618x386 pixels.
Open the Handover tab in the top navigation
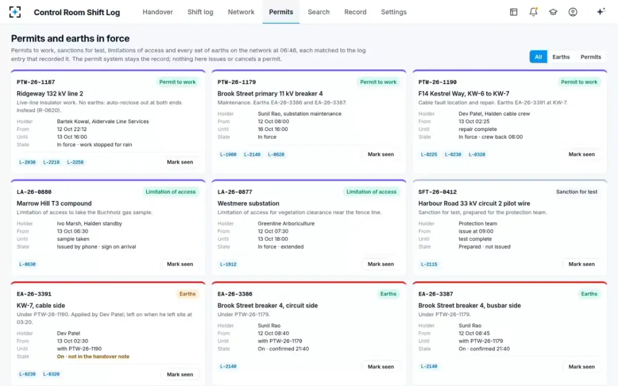pyautogui.click(x=158, y=12)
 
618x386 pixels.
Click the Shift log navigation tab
pyautogui.click(x=200, y=12)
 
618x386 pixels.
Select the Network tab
pyautogui.click(x=241, y=12)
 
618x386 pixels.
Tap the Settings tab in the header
pyautogui.click(x=393, y=12)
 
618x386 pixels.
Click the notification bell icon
pyautogui.click(x=534, y=12)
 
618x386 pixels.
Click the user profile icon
pyautogui.click(x=573, y=12)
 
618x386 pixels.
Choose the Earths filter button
pyautogui.click(x=561, y=57)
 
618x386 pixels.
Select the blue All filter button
pyautogui.click(x=538, y=57)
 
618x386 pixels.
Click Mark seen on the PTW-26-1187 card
pyautogui.click(x=180, y=162)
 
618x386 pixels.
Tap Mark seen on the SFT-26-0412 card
pyautogui.click(x=581, y=264)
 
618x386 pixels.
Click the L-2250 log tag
pyautogui.click(x=75, y=162)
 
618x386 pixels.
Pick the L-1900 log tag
pyautogui.click(x=228, y=154)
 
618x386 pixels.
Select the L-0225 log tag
pyautogui.click(x=428, y=154)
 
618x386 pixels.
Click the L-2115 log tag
pyautogui.click(x=428, y=264)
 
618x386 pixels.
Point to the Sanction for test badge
pyautogui.click(x=577, y=191)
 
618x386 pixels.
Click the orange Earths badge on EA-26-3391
pyautogui.click(x=187, y=294)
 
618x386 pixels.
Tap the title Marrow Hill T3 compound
pyautogui.click(x=54, y=203)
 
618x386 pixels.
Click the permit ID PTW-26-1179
pyautogui.click(x=236, y=82)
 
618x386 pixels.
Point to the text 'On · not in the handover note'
pyautogui.click(x=93, y=357)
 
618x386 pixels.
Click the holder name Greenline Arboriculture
pyautogui.click(x=286, y=223)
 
